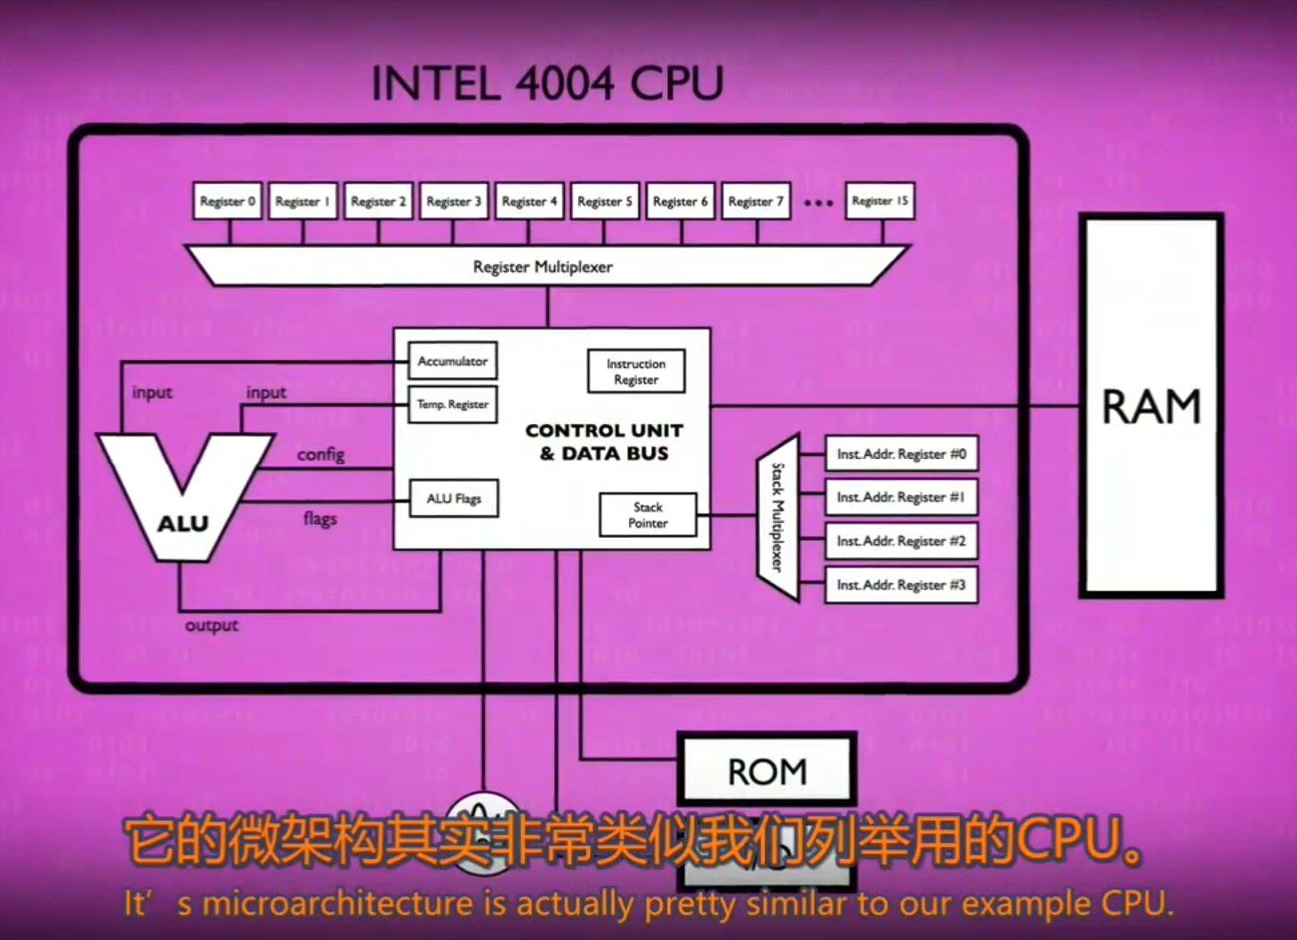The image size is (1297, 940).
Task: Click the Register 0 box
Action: tap(227, 201)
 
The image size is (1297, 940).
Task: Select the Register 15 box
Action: tap(880, 201)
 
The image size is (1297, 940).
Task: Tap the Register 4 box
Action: tap(529, 201)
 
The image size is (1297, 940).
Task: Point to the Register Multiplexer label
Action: tap(543, 267)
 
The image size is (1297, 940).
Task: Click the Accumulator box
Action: tap(452, 361)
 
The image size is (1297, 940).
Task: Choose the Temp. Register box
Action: tap(452, 405)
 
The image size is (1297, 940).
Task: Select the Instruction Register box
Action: tap(636, 372)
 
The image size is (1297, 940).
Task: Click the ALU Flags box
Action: tap(454, 499)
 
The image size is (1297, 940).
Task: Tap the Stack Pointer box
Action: tap(648, 515)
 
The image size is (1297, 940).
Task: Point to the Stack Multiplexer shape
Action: tap(777, 518)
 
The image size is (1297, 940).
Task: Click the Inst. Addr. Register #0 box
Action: tap(901, 454)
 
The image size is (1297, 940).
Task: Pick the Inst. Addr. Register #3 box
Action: tap(901, 585)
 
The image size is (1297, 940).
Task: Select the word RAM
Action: tap(1151, 407)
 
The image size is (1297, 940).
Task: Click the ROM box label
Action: tap(767, 771)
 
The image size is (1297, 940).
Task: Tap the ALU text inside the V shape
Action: tap(183, 524)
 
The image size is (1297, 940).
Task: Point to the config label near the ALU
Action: tap(320, 454)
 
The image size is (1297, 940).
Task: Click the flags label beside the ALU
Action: tap(320, 518)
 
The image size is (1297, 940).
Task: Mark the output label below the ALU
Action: tap(212, 625)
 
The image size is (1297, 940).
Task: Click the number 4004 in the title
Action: tap(564, 84)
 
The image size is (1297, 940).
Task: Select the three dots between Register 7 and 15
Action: tap(818, 204)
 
